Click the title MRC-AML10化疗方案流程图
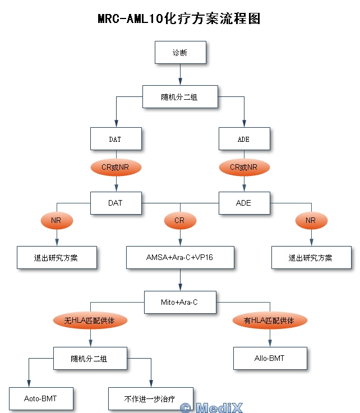click(x=179, y=18)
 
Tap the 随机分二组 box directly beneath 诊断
click(x=179, y=97)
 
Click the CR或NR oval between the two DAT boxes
click(x=116, y=167)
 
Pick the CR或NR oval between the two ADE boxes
click(x=243, y=167)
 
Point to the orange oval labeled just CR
click(x=179, y=220)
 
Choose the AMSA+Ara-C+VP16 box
click(x=179, y=257)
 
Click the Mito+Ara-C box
click(x=179, y=302)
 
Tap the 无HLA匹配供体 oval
click(x=91, y=321)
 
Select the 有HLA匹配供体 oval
click(x=270, y=321)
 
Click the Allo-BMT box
click(x=270, y=358)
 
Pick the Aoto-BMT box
click(x=40, y=399)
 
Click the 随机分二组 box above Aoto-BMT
click(x=89, y=359)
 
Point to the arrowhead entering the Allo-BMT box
click(x=270, y=343)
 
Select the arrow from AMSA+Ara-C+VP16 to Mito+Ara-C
click(x=179, y=280)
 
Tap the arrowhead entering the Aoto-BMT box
click(x=28, y=383)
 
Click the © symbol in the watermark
click(x=186, y=407)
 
